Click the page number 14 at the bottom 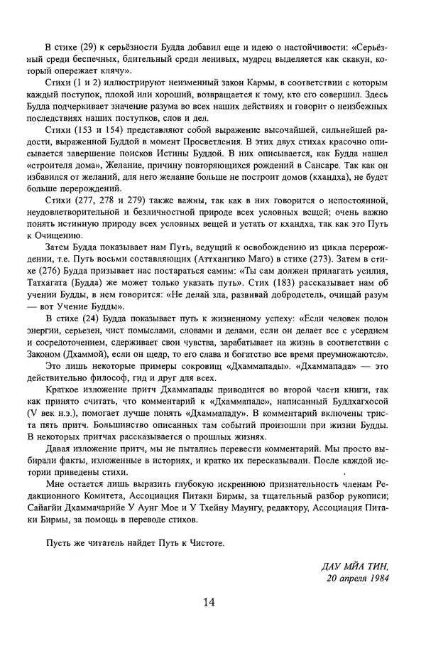click(209, 602)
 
